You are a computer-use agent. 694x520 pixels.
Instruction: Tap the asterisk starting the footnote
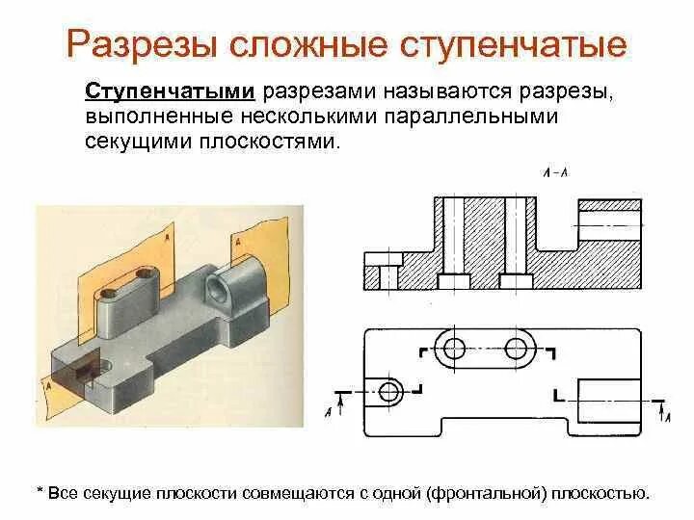pyautogui.click(x=40, y=492)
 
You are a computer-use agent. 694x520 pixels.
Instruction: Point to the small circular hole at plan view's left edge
pyautogui.click(x=389, y=391)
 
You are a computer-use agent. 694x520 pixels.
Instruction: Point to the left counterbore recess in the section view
pyautogui.click(x=453, y=281)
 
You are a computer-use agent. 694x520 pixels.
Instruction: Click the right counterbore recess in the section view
pyautogui.click(x=518, y=281)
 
